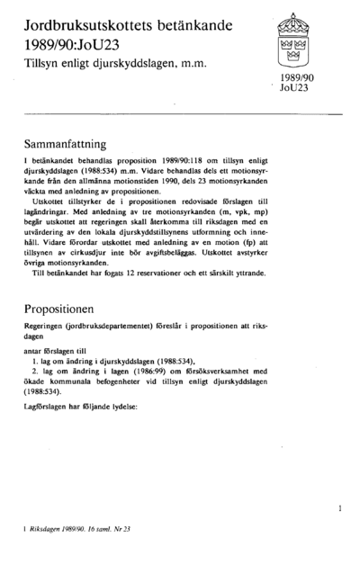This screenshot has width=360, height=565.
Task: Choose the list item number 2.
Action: pos(34,370)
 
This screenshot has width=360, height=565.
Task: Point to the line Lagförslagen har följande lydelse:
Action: pos(81,408)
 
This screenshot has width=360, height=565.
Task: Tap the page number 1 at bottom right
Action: pos(339,508)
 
